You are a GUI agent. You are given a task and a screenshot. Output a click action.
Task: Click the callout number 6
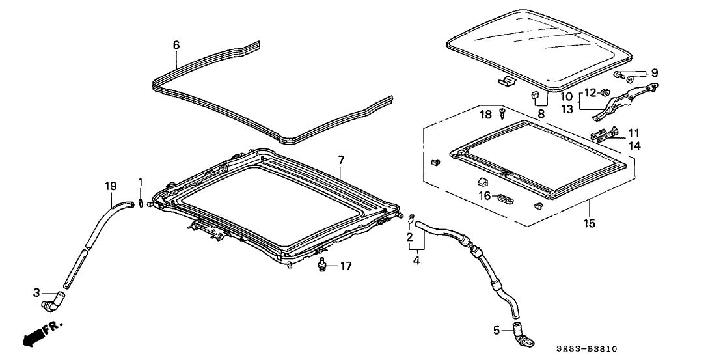(x=176, y=45)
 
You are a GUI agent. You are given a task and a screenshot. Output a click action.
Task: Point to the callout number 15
(x=589, y=223)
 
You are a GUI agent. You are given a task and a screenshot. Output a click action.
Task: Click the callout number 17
(x=345, y=266)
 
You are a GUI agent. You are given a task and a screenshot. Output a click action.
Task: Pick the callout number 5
(x=497, y=331)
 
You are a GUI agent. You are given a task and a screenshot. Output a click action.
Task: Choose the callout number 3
(x=36, y=294)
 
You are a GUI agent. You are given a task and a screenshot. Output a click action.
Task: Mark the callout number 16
(x=484, y=195)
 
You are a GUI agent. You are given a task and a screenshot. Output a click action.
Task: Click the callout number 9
(x=654, y=73)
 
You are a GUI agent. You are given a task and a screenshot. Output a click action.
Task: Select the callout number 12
(x=590, y=92)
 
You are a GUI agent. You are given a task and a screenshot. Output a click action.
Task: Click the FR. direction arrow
(x=40, y=333)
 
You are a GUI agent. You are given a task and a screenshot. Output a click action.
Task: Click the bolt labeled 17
(x=322, y=266)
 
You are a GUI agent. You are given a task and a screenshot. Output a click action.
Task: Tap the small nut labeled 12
(x=604, y=92)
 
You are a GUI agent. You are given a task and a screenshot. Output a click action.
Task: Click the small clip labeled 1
(x=140, y=203)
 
